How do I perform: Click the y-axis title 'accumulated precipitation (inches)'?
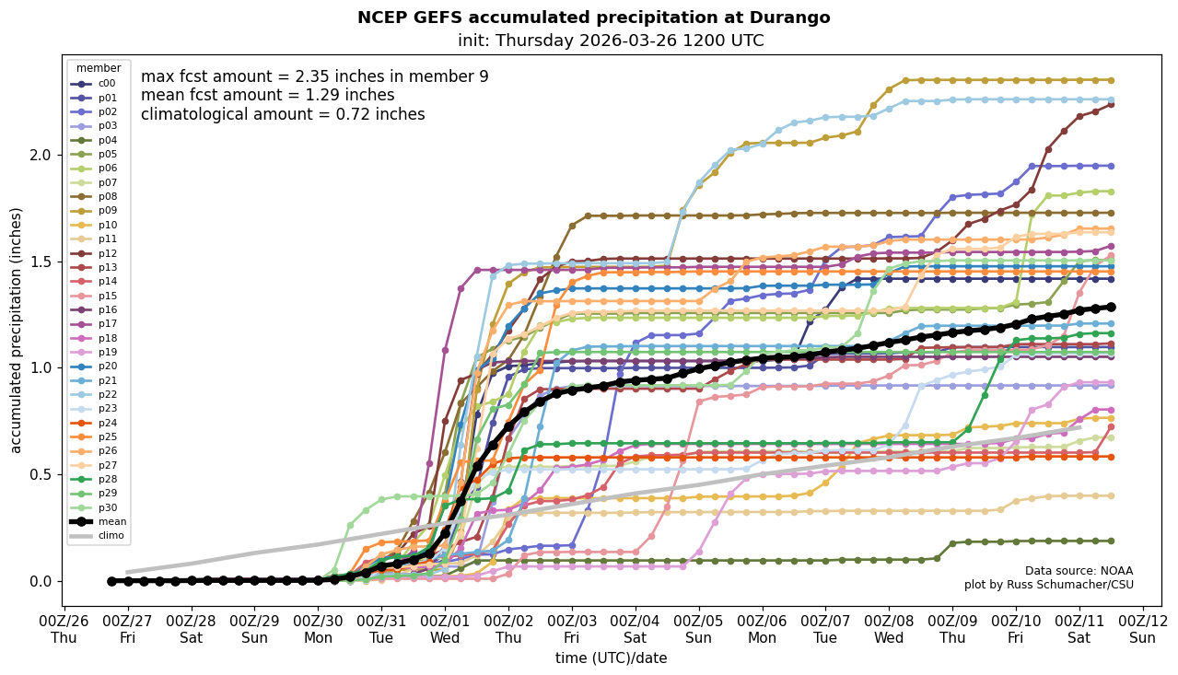point(17,330)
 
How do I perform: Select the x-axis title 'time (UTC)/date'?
point(611,658)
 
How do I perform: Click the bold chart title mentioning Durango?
point(593,17)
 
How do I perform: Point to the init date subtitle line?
point(610,41)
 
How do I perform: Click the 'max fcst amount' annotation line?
point(314,77)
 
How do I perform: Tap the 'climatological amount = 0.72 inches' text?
point(283,115)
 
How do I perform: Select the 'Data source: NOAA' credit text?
point(1079,571)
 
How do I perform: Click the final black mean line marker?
point(1111,308)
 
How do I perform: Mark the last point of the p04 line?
point(1111,541)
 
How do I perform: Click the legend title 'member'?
point(98,68)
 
